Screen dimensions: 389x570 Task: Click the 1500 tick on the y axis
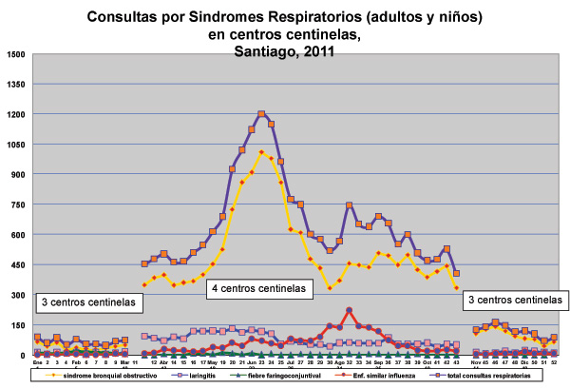(15, 54)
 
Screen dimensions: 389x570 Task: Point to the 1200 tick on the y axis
(15, 114)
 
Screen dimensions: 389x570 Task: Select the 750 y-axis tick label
(18, 204)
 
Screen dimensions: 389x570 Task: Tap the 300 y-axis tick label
(18, 295)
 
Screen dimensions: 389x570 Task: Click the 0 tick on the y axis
(24, 355)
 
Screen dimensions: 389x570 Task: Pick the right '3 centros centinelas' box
(513, 300)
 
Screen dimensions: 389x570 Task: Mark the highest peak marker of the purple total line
(261, 115)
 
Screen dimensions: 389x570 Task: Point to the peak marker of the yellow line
(261, 152)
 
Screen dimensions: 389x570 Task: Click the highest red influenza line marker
(350, 310)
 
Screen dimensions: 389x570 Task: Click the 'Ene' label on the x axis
(37, 362)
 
